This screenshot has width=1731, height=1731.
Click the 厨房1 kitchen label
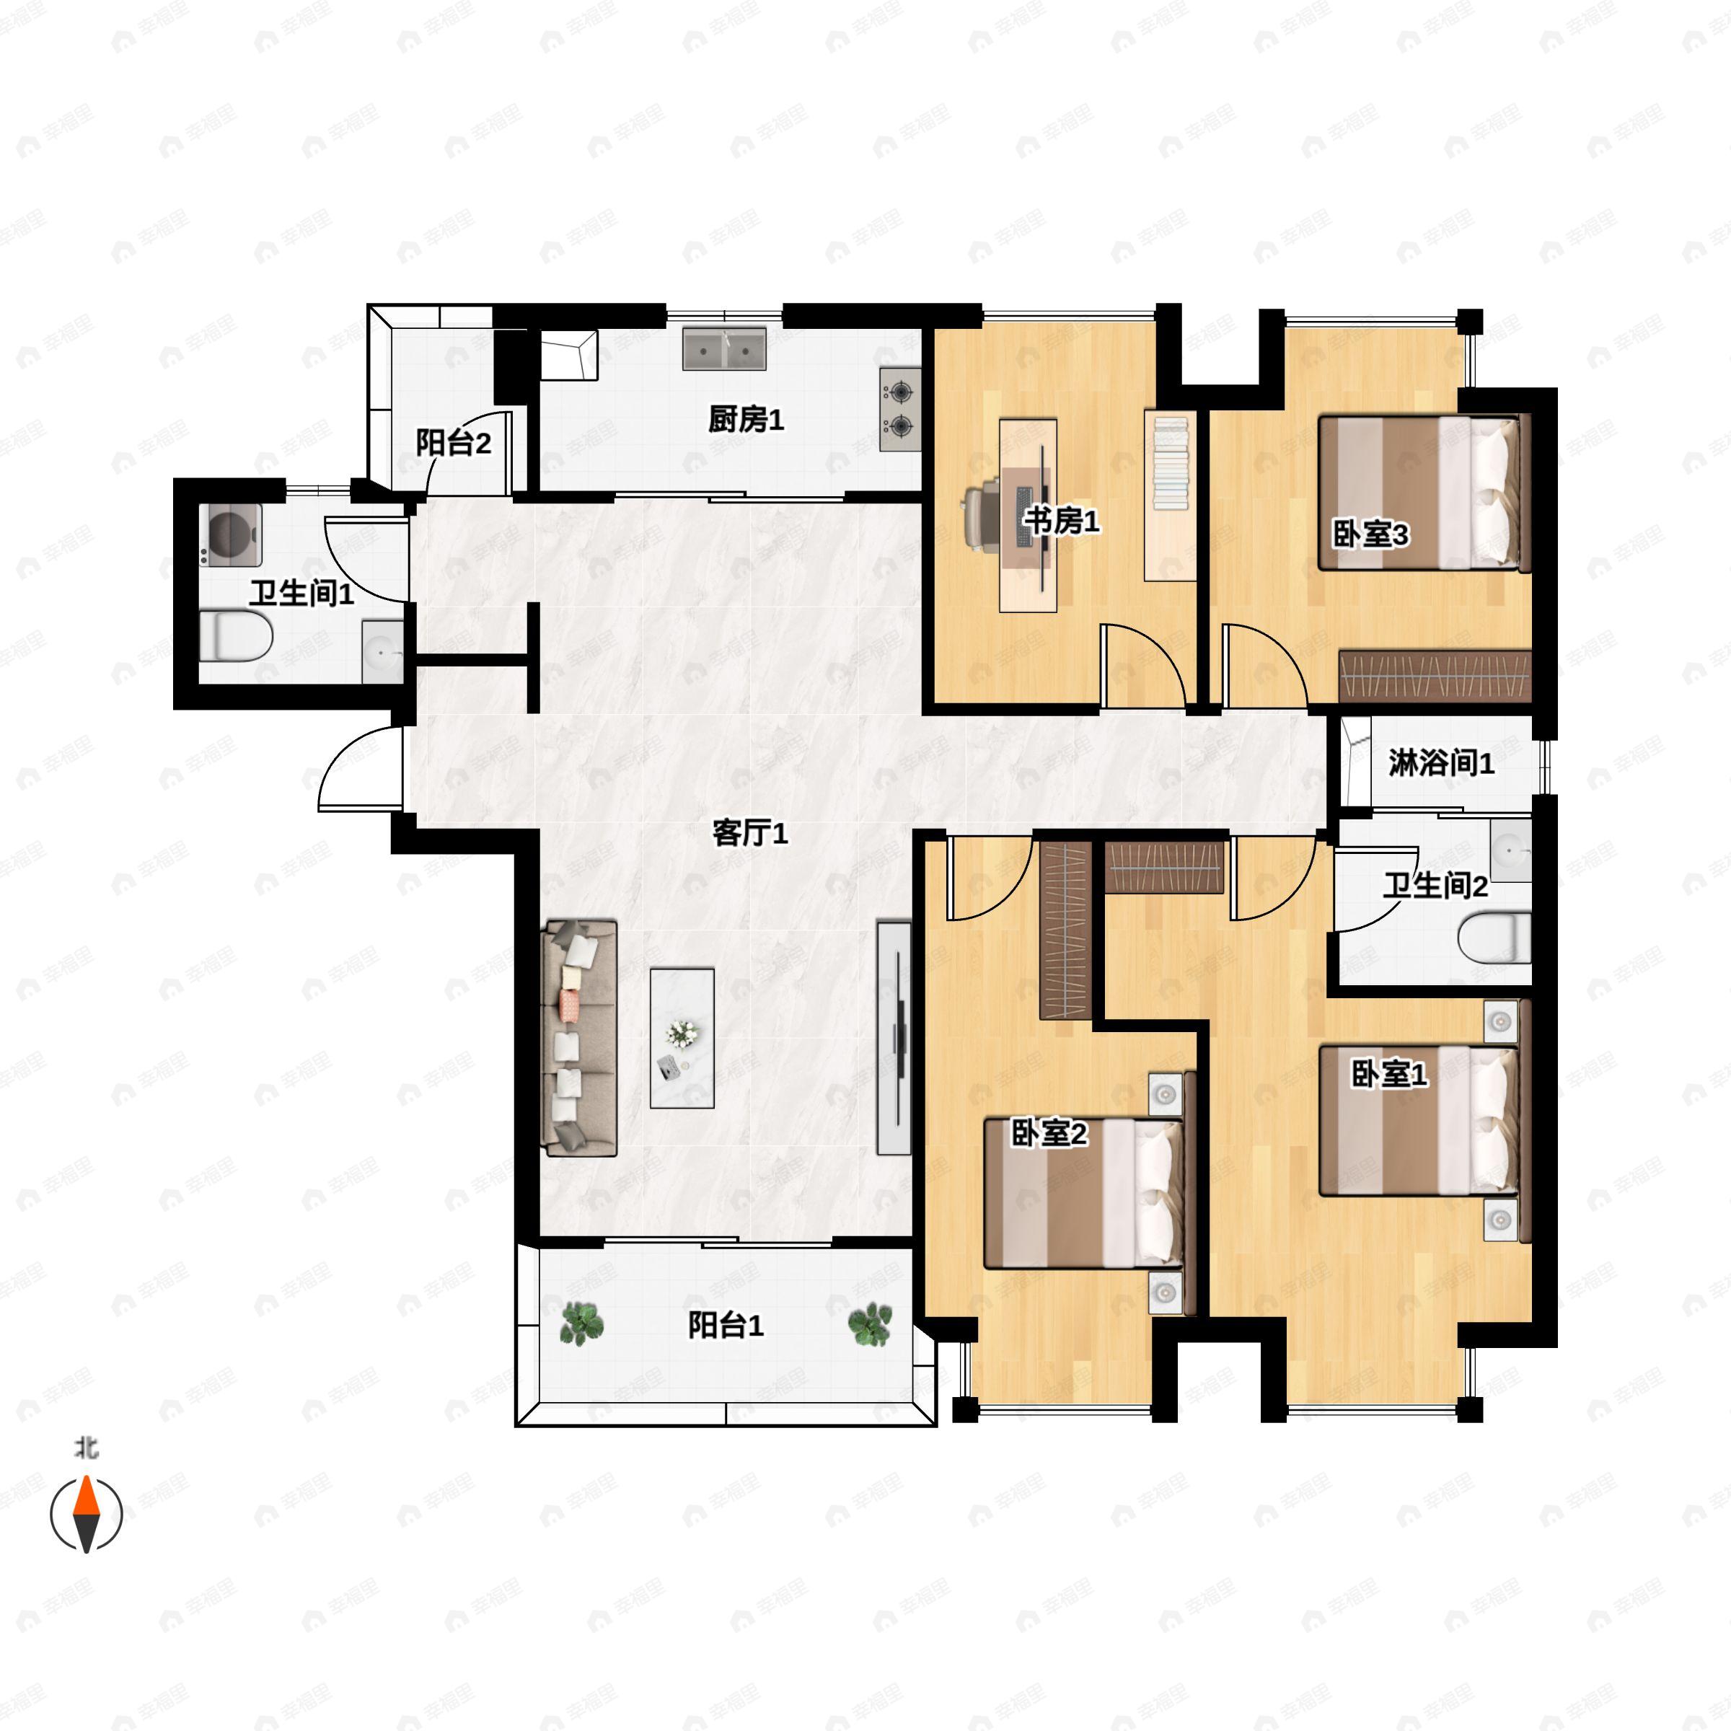point(746,418)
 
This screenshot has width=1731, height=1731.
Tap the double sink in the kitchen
point(725,348)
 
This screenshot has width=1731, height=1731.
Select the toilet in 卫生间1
point(234,636)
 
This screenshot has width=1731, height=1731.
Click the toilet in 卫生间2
point(1494,938)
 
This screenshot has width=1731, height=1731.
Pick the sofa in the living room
point(578,1038)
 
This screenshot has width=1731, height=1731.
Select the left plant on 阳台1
point(581,1324)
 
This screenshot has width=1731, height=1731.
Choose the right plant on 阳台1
point(870,1324)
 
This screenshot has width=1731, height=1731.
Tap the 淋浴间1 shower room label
point(1441,762)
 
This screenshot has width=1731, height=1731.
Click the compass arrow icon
point(86,1513)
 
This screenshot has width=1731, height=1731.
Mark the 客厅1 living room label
point(750,833)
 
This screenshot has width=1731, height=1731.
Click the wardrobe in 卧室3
point(1435,676)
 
